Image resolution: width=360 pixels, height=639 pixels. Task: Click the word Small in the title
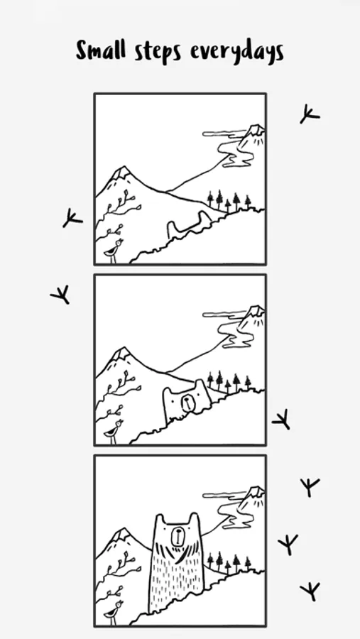coord(101,50)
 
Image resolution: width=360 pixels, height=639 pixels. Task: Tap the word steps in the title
coord(158,53)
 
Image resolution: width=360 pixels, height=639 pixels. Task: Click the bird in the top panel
coord(114,251)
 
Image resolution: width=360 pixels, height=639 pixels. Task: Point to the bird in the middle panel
coord(114,432)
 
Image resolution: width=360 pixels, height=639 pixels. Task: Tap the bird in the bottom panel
coord(114,613)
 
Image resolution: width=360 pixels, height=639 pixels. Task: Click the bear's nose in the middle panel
coord(187,403)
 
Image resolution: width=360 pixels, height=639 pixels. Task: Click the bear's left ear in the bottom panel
coord(160,520)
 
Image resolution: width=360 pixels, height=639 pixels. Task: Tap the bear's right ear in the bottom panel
coord(194,519)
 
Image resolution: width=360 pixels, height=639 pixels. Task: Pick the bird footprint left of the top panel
coord(72,218)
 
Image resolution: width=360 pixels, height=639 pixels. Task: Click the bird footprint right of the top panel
coord(310,114)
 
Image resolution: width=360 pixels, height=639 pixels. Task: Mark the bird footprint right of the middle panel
coord(281,420)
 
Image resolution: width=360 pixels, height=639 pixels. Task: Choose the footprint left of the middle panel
coord(60,295)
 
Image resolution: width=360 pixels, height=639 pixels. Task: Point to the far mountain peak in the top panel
coord(256,130)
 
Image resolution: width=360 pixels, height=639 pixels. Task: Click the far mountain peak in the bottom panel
coord(256,491)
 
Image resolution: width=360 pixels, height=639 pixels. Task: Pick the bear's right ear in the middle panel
coord(200,385)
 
